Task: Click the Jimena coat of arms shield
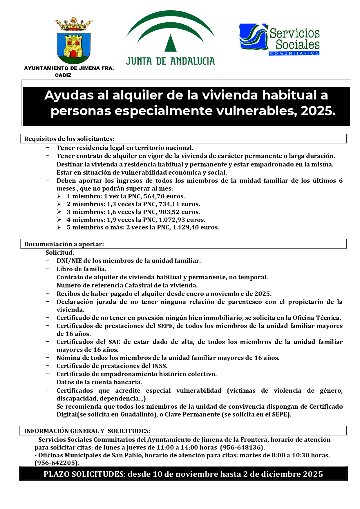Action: [73, 48]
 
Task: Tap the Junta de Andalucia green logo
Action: [170, 38]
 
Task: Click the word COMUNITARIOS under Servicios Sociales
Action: [294, 53]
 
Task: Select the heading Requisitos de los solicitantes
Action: [69, 139]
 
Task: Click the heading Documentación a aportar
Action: [64, 244]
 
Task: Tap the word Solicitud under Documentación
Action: [59, 253]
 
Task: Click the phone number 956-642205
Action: [57, 463]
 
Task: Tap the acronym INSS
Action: [160, 366]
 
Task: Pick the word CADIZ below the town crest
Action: [63, 75]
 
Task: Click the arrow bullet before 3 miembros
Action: [59, 212]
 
